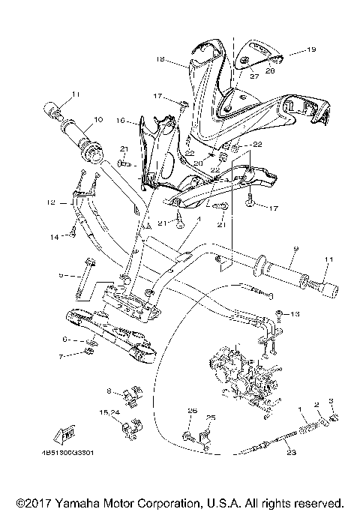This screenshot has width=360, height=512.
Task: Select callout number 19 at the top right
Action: pos(313,51)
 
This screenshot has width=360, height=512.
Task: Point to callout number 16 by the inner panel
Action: pos(121,120)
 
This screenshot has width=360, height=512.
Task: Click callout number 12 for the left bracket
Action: pos(51,202)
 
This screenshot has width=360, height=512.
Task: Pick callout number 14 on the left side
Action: pos(52,237)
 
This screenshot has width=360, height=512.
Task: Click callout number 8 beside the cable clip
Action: pos(109,391)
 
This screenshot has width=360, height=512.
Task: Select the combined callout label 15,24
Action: pos(109,412)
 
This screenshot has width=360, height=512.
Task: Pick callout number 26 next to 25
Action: pos(192,411)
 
